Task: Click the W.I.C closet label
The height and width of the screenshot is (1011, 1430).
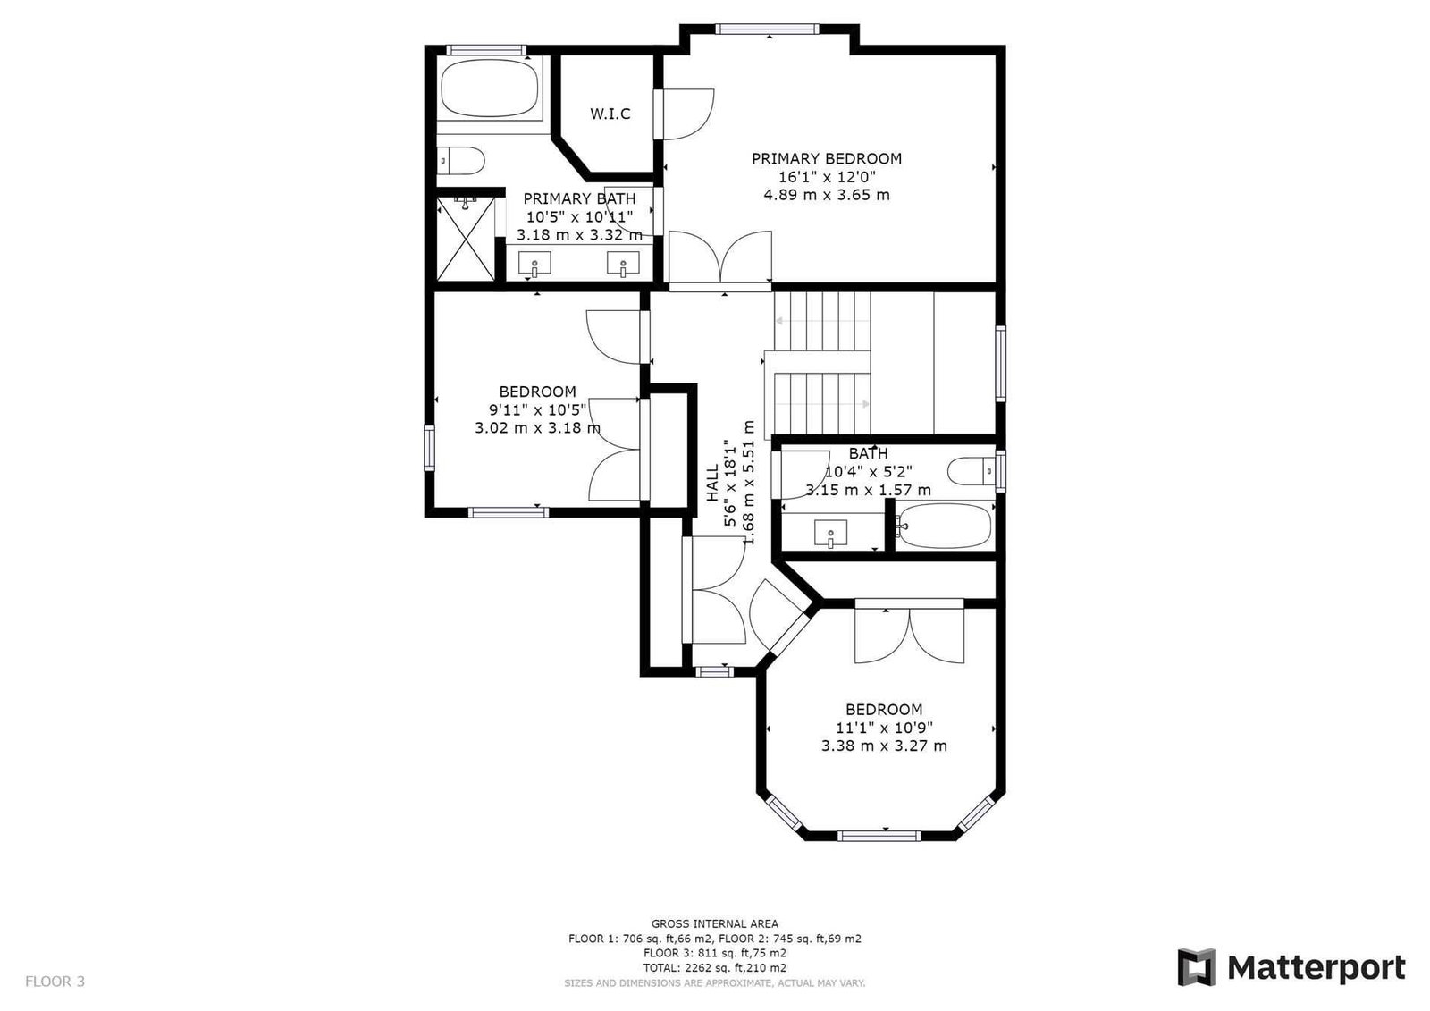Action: pyautogui.click(x=610, y=114)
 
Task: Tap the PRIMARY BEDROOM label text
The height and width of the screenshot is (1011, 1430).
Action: pyautogui.click(x=826, y=158)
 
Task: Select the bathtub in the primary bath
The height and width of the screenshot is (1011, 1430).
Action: pyautogui.click(x=490, y=88)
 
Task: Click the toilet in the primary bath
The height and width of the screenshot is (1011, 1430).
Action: pyautogui.click(x=461, y=160)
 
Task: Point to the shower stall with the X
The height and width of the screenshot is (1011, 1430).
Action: pyautogui.click(x=466, y=238)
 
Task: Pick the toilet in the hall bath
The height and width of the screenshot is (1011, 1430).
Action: pyautogui.click(x=971, y=471)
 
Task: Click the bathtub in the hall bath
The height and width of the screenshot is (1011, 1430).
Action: pyautogui.click(x=944, y=526)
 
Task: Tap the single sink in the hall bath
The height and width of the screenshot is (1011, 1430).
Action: pyautogui.click(x=830, y=534)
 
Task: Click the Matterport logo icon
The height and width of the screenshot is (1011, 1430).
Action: pyautogui.click(x=1196, y=967)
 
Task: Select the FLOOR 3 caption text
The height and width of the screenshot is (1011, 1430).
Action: pyautogui.click(x=55, y=981)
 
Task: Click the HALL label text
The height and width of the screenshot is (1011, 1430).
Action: pyautogui.click(x=712, y=482)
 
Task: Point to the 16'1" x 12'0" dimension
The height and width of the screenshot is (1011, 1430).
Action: pyautogui.click(x=826, y=177)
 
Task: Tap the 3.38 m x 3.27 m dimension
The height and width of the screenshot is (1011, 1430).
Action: pyautogui.click(x=884, y=746)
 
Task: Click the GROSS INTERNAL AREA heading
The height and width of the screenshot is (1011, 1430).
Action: pyautogui.click(x=714, y=923)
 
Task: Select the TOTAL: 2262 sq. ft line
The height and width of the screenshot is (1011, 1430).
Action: pyautogui.click(x=714, y=967)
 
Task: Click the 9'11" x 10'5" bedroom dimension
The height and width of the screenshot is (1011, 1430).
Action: pyautogui.click(x=537, y=409)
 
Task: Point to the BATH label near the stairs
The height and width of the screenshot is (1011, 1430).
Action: pyautogui.click(x=868, y=453)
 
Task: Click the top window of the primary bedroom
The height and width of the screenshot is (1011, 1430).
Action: pyautogui.click(x=766, y=29)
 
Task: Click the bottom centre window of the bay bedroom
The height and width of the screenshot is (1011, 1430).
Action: pyautogui.click(x=879, y=836)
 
